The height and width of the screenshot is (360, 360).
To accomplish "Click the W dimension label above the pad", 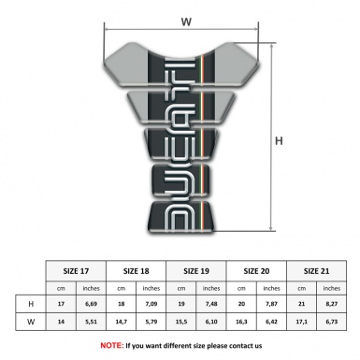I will pyautogui.click(x=188, y=16).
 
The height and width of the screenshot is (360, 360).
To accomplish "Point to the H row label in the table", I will pyautogui.click(x=31, y=305).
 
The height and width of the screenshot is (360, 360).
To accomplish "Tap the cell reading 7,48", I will pyautogui.click(x=212, y=305).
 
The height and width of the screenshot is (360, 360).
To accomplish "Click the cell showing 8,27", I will pyautogui.click(x=332, y=305).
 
